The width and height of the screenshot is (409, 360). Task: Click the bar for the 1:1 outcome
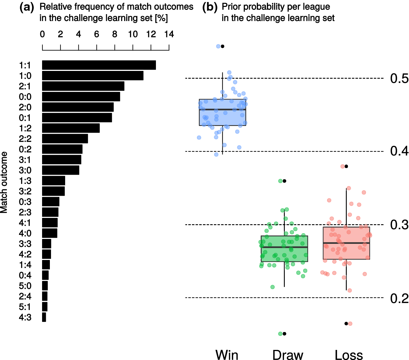[99, 65]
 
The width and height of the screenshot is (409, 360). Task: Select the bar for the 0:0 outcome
[81, 97]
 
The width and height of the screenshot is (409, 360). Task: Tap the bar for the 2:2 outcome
[65, 139]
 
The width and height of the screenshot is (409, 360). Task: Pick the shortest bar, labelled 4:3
[44, 317]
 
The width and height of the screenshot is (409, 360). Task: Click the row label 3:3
[25, 244]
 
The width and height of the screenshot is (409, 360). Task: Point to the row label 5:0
[25, 286]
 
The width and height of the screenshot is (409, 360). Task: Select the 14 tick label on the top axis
[169, 34]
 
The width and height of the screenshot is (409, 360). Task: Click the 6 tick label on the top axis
[97, 34]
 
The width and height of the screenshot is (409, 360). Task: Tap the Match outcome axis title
[4, 182]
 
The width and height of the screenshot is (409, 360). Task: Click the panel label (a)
[27, 7]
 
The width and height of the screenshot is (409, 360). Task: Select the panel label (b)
[210, 7]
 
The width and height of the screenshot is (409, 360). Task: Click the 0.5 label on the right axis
[399, 78]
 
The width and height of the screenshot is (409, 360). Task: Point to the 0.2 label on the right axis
[399, 298]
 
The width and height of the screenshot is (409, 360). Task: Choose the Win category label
[227, 355]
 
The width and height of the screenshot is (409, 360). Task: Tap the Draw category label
[288, 355]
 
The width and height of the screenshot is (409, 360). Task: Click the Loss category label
[349, 355]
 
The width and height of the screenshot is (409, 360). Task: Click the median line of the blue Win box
[223, 110]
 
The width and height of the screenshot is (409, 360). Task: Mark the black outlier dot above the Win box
[223, 46]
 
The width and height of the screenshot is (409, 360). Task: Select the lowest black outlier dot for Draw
[284, 334]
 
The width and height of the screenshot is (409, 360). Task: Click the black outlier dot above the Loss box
[346, 166]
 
